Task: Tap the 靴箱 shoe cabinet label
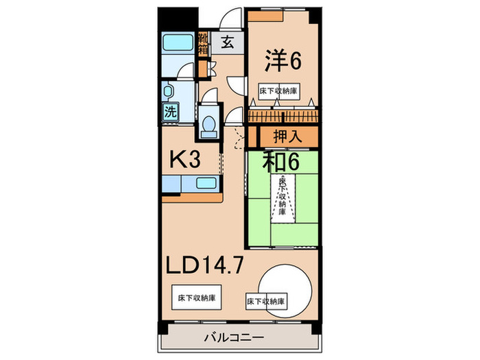pyautogui.click(x=204, y=43)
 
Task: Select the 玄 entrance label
pyautogui.click(x=227, y=43)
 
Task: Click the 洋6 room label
pyautogui.click(x=283, y=61)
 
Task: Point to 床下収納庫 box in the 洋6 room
pyautogui.click(x=278, y=91)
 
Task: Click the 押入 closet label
pyautogui.click(x=287, y=136)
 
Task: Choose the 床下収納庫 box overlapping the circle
pyautogui.click(x=265, y=302)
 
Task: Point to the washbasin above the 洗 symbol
pyautogui.click(x=169, y=92)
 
